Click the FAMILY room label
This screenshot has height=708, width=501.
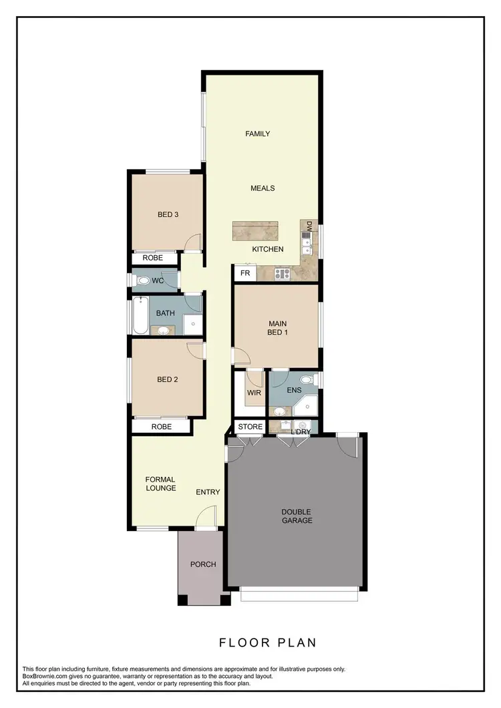[257, 134]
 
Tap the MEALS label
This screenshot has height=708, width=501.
[263, 188]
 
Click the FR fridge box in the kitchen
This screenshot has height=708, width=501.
[244, 273]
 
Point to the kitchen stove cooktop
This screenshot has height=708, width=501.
[282, 273]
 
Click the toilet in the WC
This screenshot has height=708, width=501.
[142, 281]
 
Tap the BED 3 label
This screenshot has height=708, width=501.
[168, 214]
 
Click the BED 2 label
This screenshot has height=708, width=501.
[167, 380]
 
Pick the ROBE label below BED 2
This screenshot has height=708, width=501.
[161, 426]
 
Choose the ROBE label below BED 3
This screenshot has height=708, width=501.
[153, 258]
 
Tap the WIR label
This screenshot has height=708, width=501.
[254, 392]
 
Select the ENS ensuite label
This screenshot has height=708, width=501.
[293, 390]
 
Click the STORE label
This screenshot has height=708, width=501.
[251, 426]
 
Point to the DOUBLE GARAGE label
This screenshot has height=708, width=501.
[297, 516]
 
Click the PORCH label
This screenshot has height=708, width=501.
[203, 564]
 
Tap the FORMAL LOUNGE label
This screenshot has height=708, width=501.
[160, 484]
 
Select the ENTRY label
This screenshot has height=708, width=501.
[208, 492]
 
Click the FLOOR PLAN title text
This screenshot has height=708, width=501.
[268, 643]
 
